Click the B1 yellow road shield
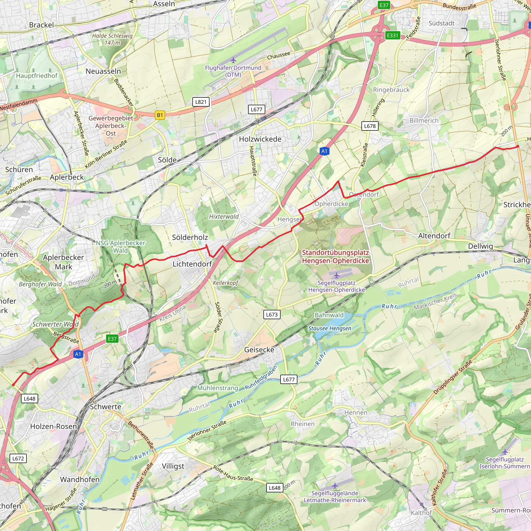(x=160, y=115)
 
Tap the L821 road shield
(x=201, y=102)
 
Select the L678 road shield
(x=370, y=126)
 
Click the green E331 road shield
(x=392, y=36)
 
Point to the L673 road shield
(x=271, y=315)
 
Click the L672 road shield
(x=18, y=458)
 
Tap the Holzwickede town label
(x=260, y=139)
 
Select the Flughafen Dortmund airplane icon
(x=233, y=60)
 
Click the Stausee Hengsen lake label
(x=330, y=329)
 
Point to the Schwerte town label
(x=106, y=407)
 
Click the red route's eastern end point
(x=518, y=146)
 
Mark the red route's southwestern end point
(x=13, y=385)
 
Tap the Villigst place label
(x=173, y=466)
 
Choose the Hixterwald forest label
(x=224, y=216)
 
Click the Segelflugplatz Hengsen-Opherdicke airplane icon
(x=336, y=275)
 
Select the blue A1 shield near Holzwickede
(x=324, y=151)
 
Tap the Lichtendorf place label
(x=192, y=264)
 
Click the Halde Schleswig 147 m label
(x=112, y=39)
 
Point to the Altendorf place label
(x=434, y=236)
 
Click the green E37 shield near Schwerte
(x=112, y=339)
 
